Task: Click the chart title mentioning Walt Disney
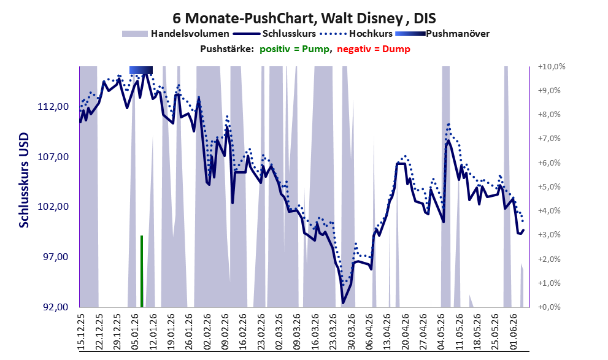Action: [x=304, y=18]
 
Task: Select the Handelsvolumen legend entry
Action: [x=175, y=34]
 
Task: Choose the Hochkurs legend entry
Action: [x=356, y=34]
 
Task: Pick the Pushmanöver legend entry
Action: [x=442, y=34]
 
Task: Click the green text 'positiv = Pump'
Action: [x=294, y=49]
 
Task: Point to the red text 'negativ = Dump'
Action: [x=374, y=49]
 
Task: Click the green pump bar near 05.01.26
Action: [x=142, y=271]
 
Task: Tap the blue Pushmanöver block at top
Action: [x=141, y=70]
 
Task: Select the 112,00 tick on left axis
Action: [x=53, y=107]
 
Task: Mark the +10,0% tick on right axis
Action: [x=552, y=67]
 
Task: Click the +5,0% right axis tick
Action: [x=549, y=187]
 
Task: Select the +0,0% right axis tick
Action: [x=549, y=307]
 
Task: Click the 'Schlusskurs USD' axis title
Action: [x=24, y=180]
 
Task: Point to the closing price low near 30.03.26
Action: [x=343, y=302]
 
